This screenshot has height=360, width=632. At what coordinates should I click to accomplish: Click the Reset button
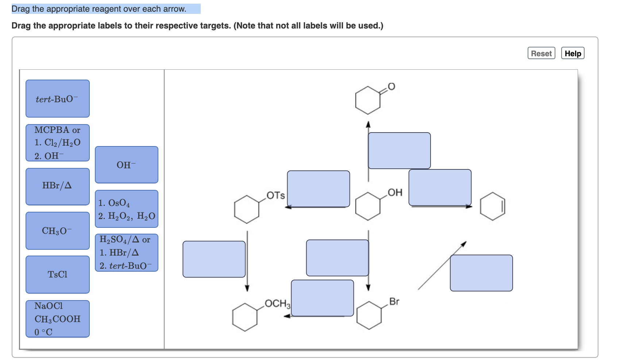coord(541,53)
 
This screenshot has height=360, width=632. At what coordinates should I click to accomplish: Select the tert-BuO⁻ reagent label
coord(57,99)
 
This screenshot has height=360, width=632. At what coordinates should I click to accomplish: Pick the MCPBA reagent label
coord(57,143)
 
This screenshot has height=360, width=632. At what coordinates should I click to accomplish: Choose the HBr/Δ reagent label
coord(57,186)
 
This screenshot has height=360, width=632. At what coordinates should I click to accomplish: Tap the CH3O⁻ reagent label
coord(57,231)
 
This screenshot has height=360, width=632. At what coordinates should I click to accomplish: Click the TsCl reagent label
coord(57,275)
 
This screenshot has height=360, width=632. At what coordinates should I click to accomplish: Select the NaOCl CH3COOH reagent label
coord(57,319)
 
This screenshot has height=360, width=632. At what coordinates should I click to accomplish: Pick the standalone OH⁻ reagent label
coord(126,165)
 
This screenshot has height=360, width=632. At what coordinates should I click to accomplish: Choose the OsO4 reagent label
coord(126,209)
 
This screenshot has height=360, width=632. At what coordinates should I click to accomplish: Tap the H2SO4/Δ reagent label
coord(126,253)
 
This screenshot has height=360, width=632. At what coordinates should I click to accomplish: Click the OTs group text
coord(275,195)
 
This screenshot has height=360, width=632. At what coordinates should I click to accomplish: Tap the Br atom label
coord(394,302)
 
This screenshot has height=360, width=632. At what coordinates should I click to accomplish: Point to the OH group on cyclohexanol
coord(395,192)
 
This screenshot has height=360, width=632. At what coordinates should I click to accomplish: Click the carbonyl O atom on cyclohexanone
coord(391,87)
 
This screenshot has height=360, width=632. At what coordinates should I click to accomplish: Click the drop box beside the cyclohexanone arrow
coord(399,150)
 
